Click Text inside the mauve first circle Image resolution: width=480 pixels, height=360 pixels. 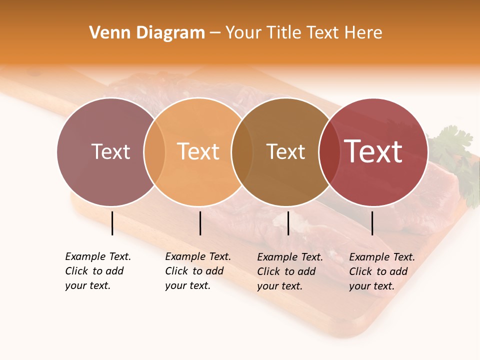(x=110, y=151)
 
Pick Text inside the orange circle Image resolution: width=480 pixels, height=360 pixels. (x=198, y=151)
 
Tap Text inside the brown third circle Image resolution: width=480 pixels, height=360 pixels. (x=285, y=151)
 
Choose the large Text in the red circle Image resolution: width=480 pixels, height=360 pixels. (x=373, y=151)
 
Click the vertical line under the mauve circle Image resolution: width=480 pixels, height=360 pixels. (x=112, y=223)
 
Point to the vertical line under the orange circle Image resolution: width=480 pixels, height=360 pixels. (x=200, y=223)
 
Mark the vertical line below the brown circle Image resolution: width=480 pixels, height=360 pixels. (x=288, y=223)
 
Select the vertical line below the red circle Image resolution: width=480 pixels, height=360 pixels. (x=372, y=223)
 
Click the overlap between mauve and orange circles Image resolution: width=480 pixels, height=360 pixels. (x=154, y=151)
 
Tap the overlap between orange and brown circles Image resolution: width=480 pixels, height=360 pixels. (x=242, y=151)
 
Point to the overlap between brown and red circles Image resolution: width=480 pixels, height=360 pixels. (x=329, y=151)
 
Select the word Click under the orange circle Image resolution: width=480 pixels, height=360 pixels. (x=176, y=271)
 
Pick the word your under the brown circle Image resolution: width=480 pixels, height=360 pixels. (x=268, y=286)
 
